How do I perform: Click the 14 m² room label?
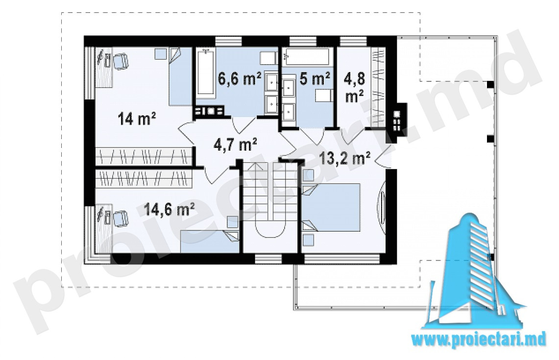pyautogui.click(x=136, y=119)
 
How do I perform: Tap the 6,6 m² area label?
pyautogui.click(x=240, y=79)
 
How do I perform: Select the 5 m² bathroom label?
pyautogui.click(x=315, y=79)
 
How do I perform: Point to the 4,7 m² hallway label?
pyautogui.click(x=235, y=144)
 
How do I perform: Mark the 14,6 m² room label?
pyautogui.click(x=169, y=209)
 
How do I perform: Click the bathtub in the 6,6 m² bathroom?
pyautogui.click(x=206, y=74)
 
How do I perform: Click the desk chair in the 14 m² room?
pyautogui.click(x=120, y=61)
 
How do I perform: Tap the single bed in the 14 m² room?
pyautogui.click(x=180, y=76)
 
